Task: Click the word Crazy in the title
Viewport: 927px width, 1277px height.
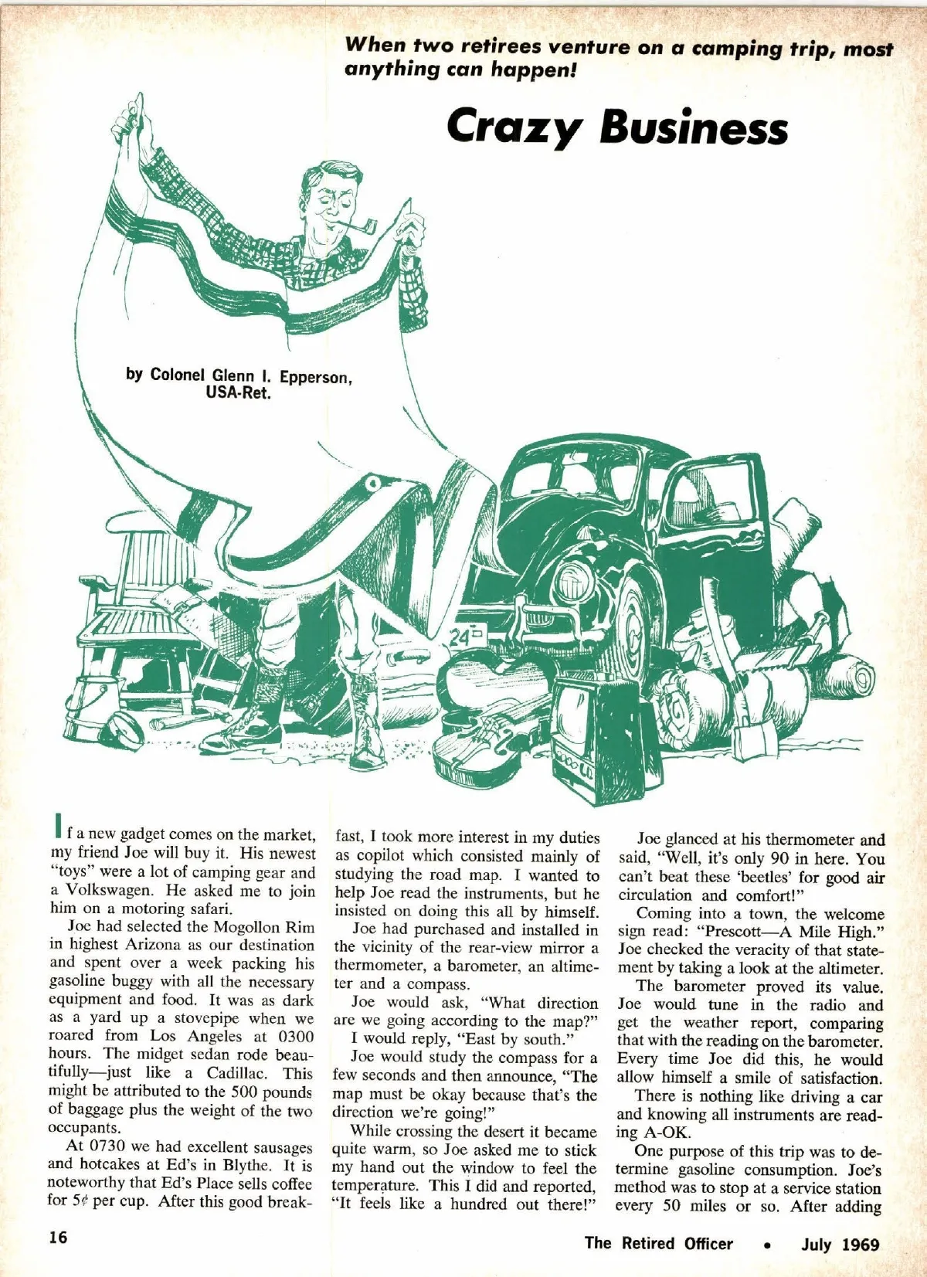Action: click(513, 128)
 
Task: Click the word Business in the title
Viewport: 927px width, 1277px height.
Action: click(693, 127)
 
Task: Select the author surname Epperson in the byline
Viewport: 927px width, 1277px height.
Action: click(315, 377)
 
